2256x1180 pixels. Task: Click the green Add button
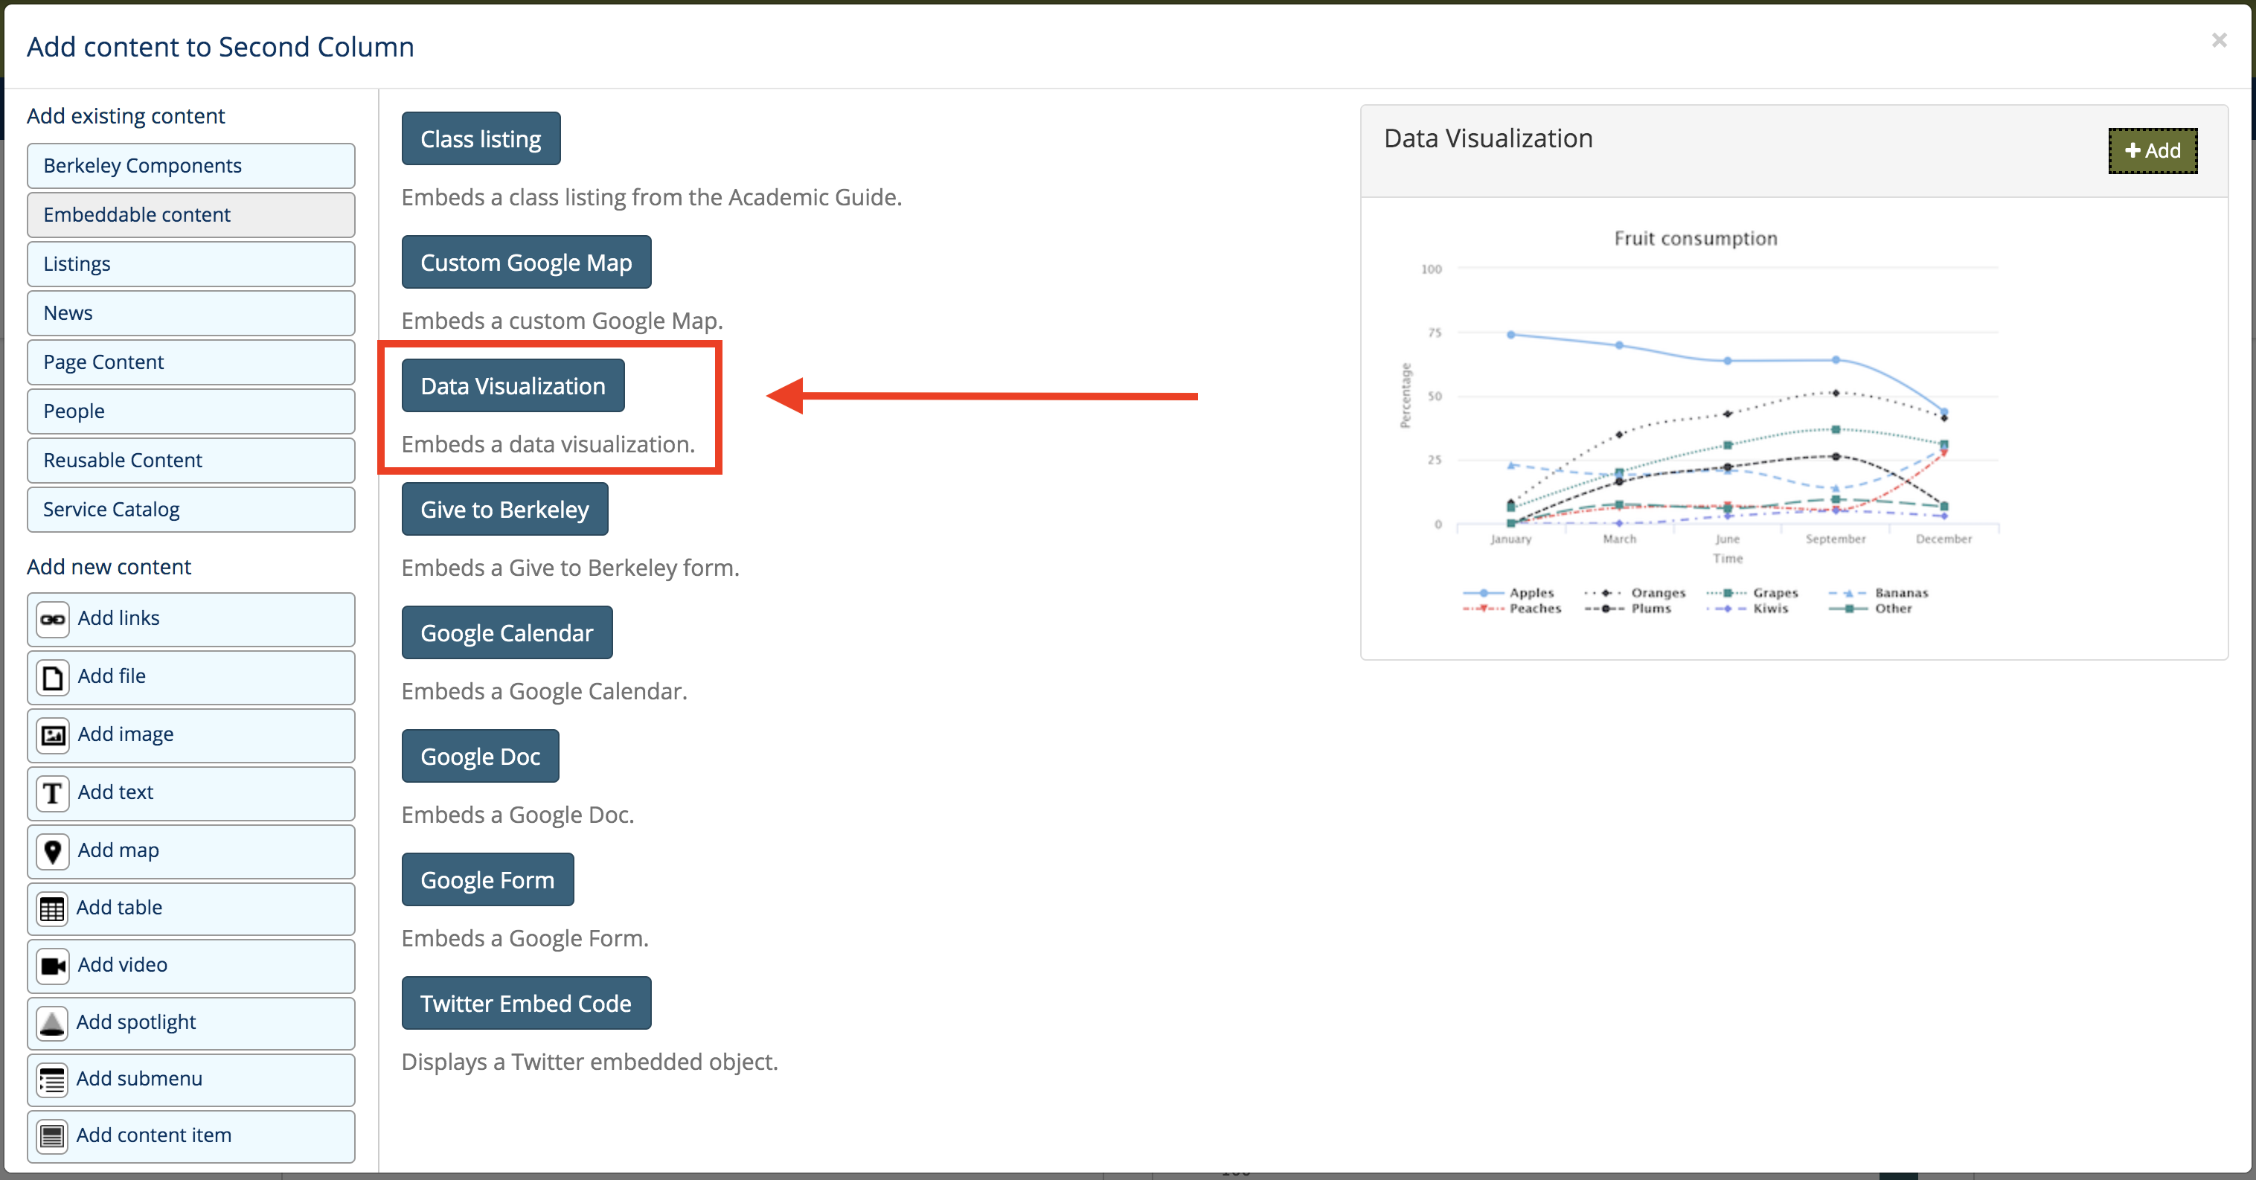pos(2152,151)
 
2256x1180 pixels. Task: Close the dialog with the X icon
pos(2218,40)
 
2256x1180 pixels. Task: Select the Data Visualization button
pos(513,385)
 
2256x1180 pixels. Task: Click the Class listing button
pos(481,138)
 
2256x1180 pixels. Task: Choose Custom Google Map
pos(526,262)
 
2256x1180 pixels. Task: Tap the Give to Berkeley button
pos(504,509)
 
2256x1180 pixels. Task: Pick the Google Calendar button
pos(507,632)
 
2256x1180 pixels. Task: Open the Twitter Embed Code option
pos(526,1003)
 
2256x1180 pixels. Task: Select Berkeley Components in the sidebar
pos(191,166)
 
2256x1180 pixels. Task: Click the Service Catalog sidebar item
pos(191,509)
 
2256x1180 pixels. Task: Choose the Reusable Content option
pos(191,460)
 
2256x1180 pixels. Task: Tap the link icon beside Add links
pos(53,619)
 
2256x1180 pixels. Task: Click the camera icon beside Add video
pos(53,966)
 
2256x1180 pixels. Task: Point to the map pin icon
pos(53,850)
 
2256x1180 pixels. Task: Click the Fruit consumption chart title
pos(1696,238)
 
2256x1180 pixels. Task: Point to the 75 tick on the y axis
pos(1435,333)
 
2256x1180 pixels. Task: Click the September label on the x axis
pos(1835,539)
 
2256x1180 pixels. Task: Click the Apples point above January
pos(1510,335)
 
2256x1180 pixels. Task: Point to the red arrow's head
pos(769,396)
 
